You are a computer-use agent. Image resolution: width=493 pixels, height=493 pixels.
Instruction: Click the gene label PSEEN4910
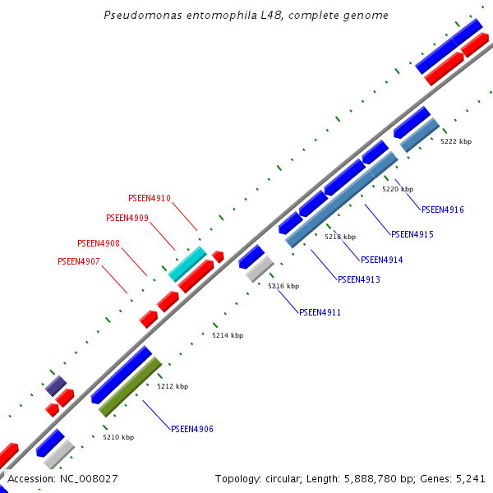(x=150, y=198)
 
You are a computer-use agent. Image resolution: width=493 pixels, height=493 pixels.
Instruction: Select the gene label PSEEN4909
(x=127, y=218)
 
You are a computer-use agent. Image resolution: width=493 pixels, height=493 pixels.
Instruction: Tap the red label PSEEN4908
(x=99, y=243)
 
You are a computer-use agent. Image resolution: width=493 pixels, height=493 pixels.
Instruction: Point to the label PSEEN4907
(x=79, y=261)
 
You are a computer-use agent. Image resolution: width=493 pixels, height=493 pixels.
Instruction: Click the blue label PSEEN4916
(x=443, y=210)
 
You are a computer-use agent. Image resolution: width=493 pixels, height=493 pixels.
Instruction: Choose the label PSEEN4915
(x=412, y=234)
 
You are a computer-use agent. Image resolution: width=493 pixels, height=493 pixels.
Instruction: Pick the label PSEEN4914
(x=382, y=260)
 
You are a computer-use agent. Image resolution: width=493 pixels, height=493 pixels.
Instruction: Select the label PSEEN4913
(x=359, y=279)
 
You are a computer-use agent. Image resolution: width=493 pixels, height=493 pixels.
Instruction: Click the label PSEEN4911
(x=320, y=312)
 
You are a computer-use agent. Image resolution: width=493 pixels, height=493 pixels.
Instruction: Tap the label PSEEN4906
(x=192, y=429)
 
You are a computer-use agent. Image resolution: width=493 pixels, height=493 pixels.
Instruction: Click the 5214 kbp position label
(x=228, y=335)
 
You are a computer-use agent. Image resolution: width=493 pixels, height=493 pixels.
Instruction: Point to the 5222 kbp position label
(x=456, y=141)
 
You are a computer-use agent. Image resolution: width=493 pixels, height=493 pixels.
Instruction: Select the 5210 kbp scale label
(x=118, y=437)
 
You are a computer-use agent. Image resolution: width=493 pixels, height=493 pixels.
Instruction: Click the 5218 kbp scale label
(x=340, y=237)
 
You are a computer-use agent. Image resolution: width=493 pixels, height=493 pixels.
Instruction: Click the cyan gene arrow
(x=187, y=263)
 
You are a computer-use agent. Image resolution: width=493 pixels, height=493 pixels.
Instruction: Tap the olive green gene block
(x=130, y=386)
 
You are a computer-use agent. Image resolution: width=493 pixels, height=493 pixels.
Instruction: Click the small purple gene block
(x=56, y=385)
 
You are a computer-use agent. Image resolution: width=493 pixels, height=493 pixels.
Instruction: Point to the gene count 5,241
(x=469, y=478)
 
